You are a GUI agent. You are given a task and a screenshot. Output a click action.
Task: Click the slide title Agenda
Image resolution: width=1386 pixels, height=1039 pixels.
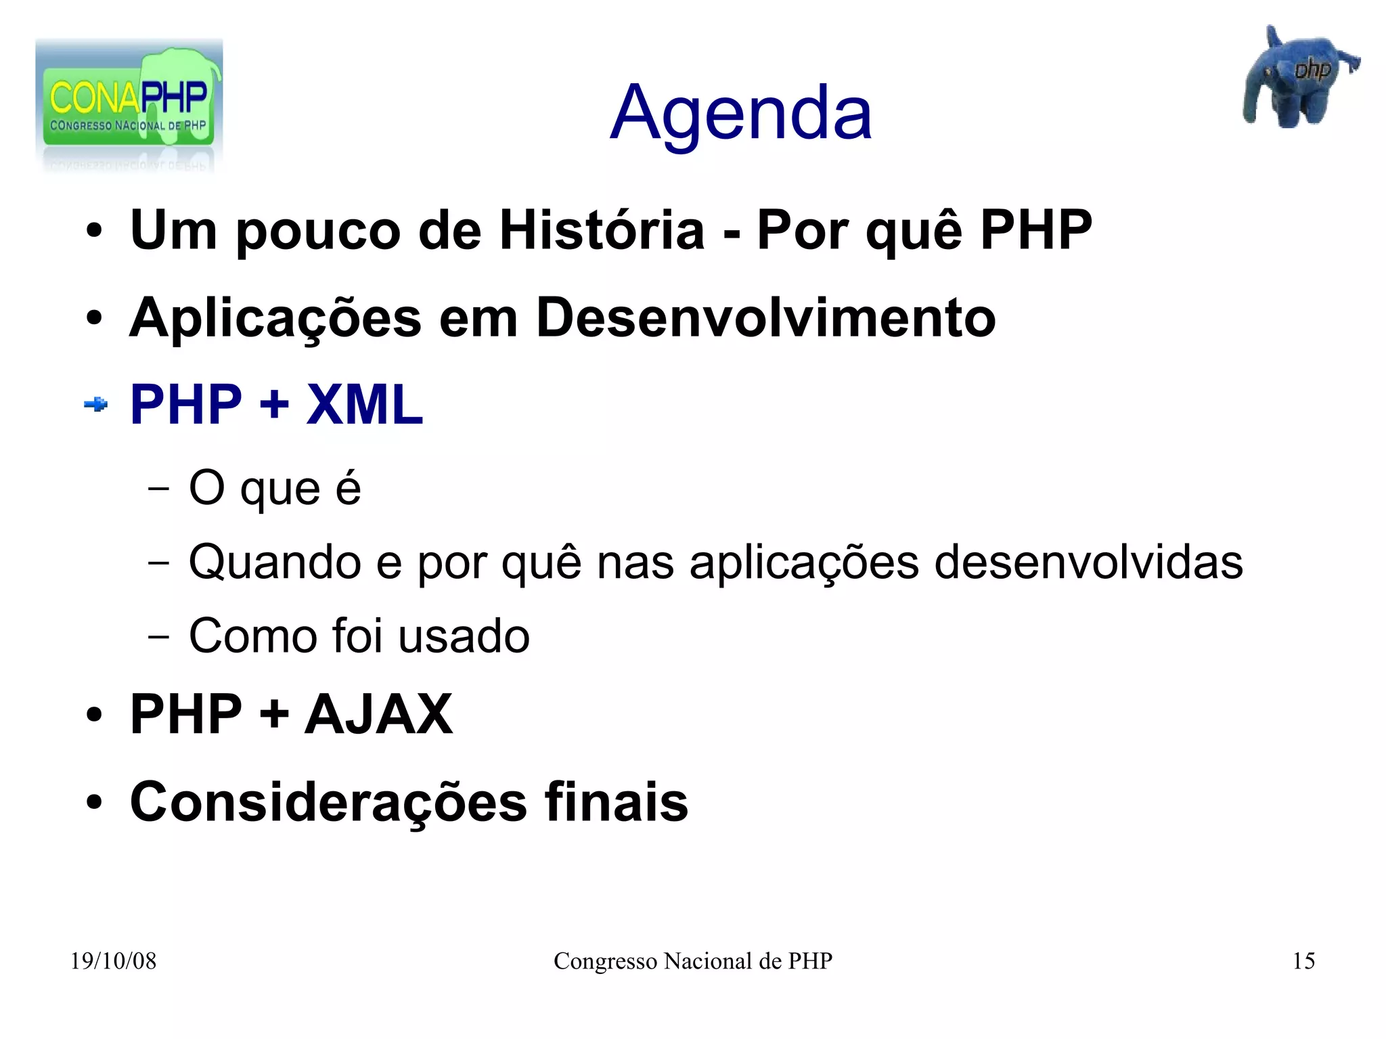pyautogui.click(x=740, y=113)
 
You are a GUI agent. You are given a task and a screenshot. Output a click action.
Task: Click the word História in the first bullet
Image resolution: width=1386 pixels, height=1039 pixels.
pyautogui.click(x=602, y=230)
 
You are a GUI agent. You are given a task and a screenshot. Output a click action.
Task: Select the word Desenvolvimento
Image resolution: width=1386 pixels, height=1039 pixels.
pyautogui.click(x=765, y=317)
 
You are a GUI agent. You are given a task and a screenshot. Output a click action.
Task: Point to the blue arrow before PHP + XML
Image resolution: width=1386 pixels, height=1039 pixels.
pyautogui.click(x=95, y=405)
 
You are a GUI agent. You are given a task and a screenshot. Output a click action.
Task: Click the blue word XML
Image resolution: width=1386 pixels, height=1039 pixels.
pyautogui.click(x=364, y=405)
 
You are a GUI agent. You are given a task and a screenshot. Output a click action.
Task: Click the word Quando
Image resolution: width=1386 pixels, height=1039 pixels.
pyautogui.click(x=274, y=562)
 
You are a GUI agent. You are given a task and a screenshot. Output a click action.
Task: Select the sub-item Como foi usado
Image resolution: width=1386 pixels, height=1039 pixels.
pyautogui.click(x=359, y=636)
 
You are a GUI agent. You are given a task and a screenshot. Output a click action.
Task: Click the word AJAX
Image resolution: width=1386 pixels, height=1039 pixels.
pyautogui.click(x=378, y=714)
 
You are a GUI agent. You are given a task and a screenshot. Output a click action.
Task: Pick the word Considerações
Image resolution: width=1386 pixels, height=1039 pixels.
pyautogui.click(x=328, y=802)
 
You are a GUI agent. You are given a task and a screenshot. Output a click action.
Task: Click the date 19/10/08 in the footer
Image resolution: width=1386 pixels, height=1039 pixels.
pyautogui.click(x=113, y=961)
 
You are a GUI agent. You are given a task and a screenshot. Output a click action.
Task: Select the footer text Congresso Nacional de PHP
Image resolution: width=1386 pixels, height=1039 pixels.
pyautogui.click(x=692, y=961)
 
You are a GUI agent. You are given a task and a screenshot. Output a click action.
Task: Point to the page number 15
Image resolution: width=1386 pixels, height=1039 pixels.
pyautogui.click(x=1303, y=961)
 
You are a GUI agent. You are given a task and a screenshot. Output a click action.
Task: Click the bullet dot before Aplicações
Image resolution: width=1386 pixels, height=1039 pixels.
pyautogui.click(x=94, y=318)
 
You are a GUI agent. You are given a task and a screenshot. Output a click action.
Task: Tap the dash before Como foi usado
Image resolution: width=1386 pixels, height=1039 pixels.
pyautogui.click(x=158, y=637)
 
